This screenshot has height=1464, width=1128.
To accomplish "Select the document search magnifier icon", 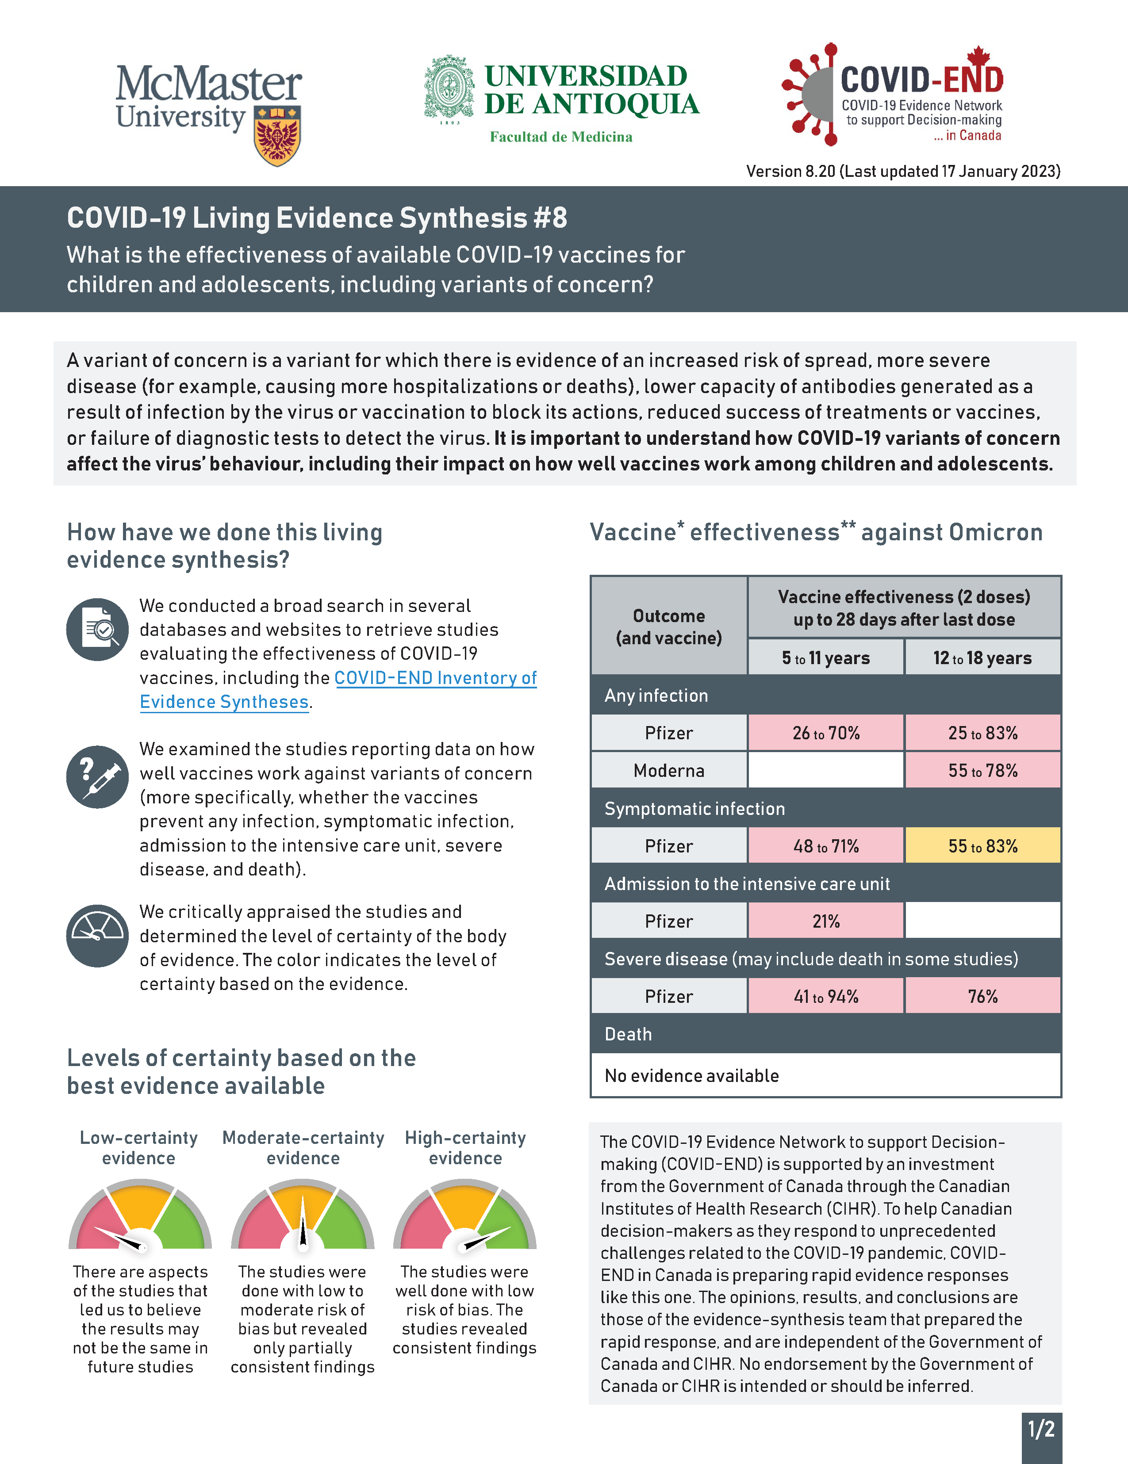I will pyautogui.click(x=98, y=630).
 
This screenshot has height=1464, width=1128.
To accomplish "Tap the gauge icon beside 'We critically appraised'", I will pyautogui.click(x=98, y=935).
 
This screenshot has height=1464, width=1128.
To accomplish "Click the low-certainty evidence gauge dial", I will pyautogui.click(x=140, y=1220).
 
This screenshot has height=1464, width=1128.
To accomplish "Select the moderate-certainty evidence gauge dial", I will pyautogui.click(x=303, y=1220).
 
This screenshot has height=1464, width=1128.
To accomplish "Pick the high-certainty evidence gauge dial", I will pyautogui.click(x=465, y=1220).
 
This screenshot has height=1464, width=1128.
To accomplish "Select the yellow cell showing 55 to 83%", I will pyautogui.click(x=982, y=846).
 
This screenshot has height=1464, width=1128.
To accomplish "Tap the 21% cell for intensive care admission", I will pyautogui.click(x=825, y=921).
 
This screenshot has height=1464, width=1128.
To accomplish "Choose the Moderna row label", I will pyautogui.click(x=669, y=771).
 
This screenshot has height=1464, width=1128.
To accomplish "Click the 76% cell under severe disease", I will pyautogui.click(x=982, y=996).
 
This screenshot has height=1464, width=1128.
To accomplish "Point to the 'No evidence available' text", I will pyautogui.click(x=691, y=1076).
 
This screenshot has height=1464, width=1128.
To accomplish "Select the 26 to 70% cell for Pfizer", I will pyautogui.click(x=825, y=733).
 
